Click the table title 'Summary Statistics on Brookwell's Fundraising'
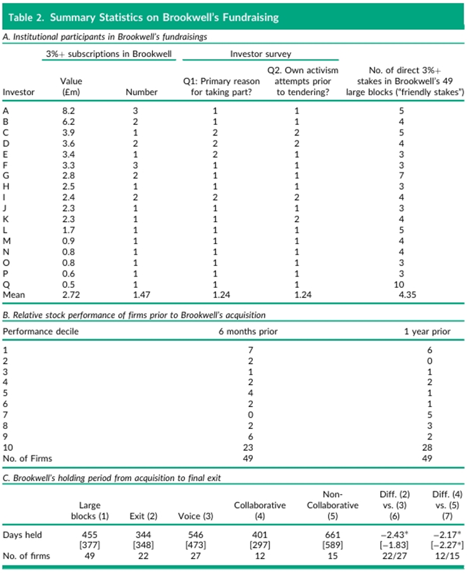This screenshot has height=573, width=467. click(x=164, y=17)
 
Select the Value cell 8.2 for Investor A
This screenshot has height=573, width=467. click(x=68, y=111)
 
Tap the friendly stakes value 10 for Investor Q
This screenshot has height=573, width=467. click(x=399, y=285)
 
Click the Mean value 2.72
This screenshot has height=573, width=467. click(x=71, y=295)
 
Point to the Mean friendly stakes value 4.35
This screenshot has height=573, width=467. click(x=408, y=295)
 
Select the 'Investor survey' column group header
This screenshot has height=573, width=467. click(x=260, y=54)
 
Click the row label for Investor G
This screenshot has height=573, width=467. click(x=6, y=176)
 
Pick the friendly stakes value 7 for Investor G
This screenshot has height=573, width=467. click(x=401, y=176)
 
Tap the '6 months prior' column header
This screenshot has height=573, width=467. click(x=248, y=332)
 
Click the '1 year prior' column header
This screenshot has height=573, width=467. click(x=427, y=332)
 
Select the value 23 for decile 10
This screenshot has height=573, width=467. click(x=248, y=448)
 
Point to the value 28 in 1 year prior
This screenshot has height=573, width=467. click(x=427, y=448)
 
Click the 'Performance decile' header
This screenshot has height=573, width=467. click(x=40, y=332)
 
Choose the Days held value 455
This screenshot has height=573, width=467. click(x=90, y=535)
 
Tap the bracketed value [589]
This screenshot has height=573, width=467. click(x=332, y=545)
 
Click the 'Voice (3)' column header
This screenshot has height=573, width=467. click(x=196, y=516)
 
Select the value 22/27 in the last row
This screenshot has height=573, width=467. click(x=394, y=556)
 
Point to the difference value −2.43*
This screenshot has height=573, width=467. click(x=394, y=535)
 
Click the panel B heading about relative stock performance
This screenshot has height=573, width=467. click(x=134, y=315)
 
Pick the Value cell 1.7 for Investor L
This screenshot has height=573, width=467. click(x=68, y=230)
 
